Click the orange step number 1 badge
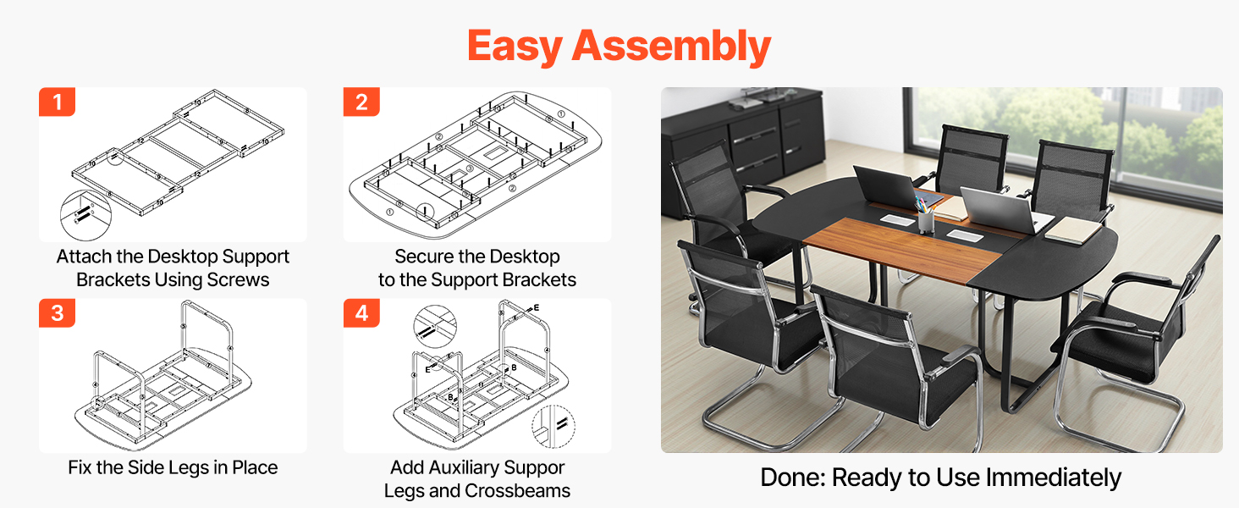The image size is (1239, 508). (57, 102)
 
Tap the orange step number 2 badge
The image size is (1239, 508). (361, 102)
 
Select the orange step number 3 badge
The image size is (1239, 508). (57, 313)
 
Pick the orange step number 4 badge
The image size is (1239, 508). (361, 313)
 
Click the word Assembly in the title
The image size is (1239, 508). (671, 47)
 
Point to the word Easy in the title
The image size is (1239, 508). (515, 47)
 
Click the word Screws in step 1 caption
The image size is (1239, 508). (238, 280)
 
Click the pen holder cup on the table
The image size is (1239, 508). (926, 220)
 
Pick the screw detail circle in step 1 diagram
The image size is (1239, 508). (85, 215)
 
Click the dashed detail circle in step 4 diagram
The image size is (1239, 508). (553, 426)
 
